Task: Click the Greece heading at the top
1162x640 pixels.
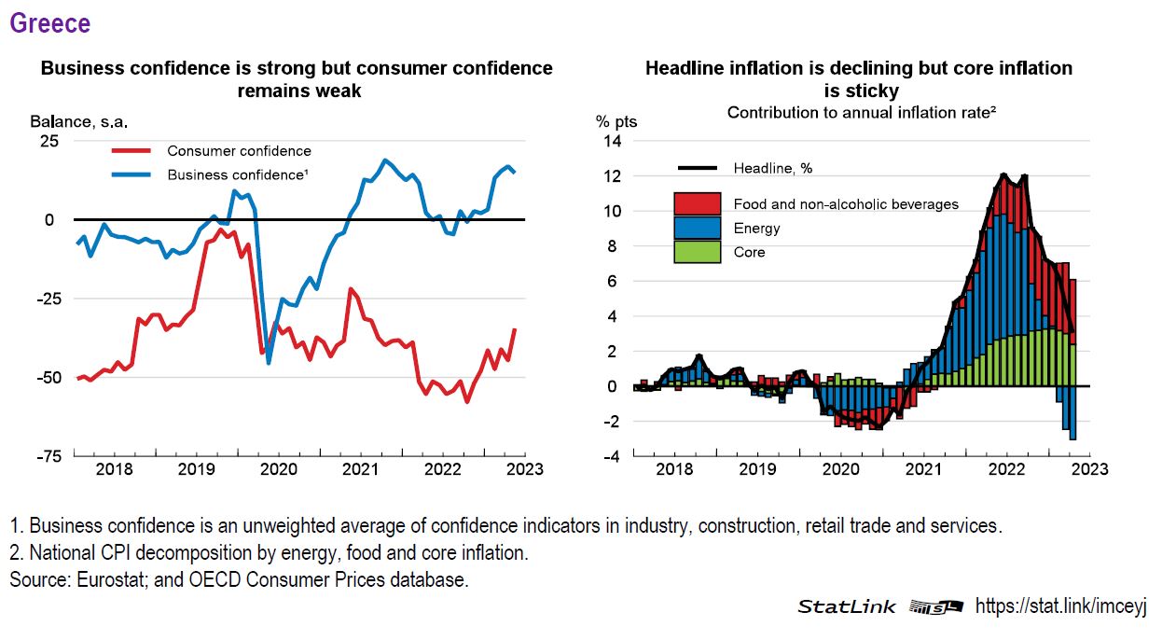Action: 50,23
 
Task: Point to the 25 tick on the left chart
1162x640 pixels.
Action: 48,141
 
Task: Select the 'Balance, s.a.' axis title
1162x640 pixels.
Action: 78,121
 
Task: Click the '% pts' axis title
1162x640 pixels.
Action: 616,121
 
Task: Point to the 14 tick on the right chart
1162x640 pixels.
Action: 613,141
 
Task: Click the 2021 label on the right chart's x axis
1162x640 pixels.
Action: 924,469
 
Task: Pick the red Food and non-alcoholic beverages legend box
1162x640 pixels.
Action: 697,203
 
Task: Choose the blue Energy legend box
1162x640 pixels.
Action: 697,228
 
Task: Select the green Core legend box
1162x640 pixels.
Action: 697,252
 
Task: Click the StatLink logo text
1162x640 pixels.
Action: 846,606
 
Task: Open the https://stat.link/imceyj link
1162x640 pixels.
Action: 1061,606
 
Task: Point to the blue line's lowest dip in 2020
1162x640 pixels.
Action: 269,362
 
